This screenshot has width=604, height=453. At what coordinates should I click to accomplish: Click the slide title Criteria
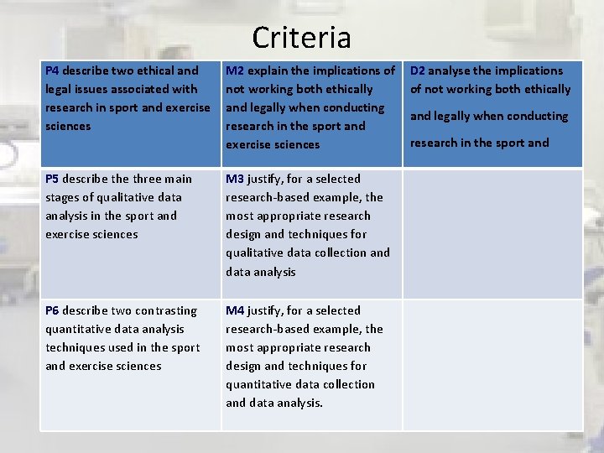click(x=301, y=38)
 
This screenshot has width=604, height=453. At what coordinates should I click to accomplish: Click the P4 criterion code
click(x=52, y=70)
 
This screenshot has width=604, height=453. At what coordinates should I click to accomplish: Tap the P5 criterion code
click(x=52, y=179)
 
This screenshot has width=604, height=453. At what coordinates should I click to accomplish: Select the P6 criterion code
click(x=52, y=310)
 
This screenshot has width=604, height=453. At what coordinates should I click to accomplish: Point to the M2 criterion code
click(x=235, y=70)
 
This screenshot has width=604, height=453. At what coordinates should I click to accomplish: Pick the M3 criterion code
click(x=235, y=179)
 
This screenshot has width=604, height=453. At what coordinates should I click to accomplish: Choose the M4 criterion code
click(x=235, y=310)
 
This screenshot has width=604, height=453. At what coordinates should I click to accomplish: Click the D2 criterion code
click(x=417, y=70)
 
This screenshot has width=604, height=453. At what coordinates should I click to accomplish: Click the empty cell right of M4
click(x=492, y=365)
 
